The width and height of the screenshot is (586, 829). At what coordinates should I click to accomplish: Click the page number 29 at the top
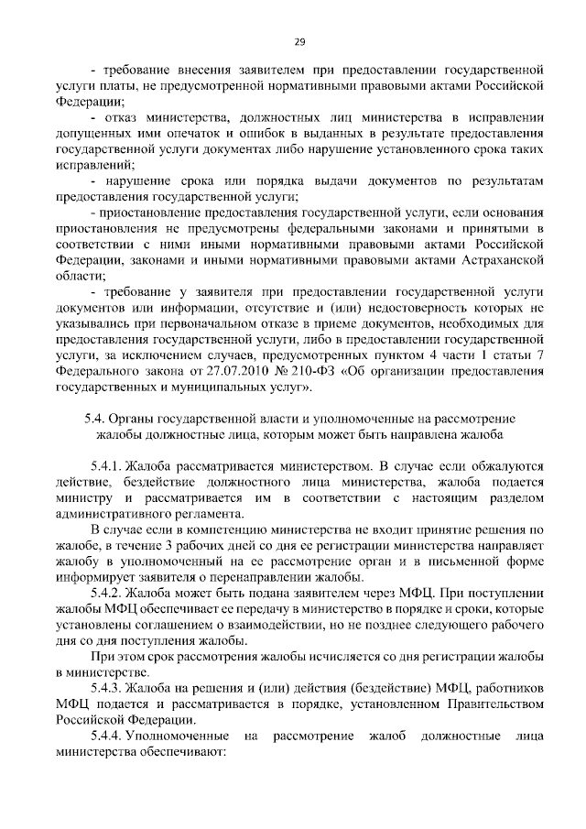(x=299, y=41)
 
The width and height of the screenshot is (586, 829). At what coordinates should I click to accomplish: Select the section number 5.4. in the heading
(x=94, y=418)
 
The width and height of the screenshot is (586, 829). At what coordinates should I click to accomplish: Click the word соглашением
(x=167, y=623)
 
